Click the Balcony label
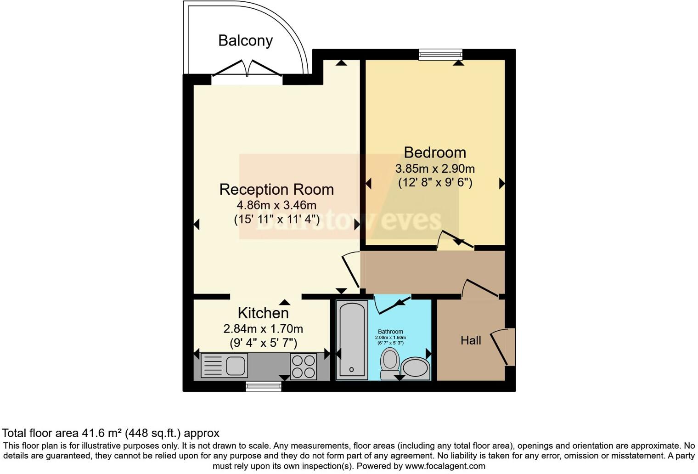click(x=245, y=40)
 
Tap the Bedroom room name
click(x=434, y=152)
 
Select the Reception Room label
click(x=276, y=189)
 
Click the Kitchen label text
click(x=263, y=313)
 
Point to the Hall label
click(x=471, y=340)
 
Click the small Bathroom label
click(x=390, y=332)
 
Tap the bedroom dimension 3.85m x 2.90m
click(x=434, y=169)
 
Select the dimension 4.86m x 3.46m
click(x=276, y=205)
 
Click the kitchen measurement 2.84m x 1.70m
click(x=263, y=329)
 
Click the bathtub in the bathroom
click(x=352, y=340)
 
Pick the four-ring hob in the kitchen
click(x=303, y=366)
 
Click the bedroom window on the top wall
click(x=440, y=55)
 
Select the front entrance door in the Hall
click(x=503, y=347)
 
